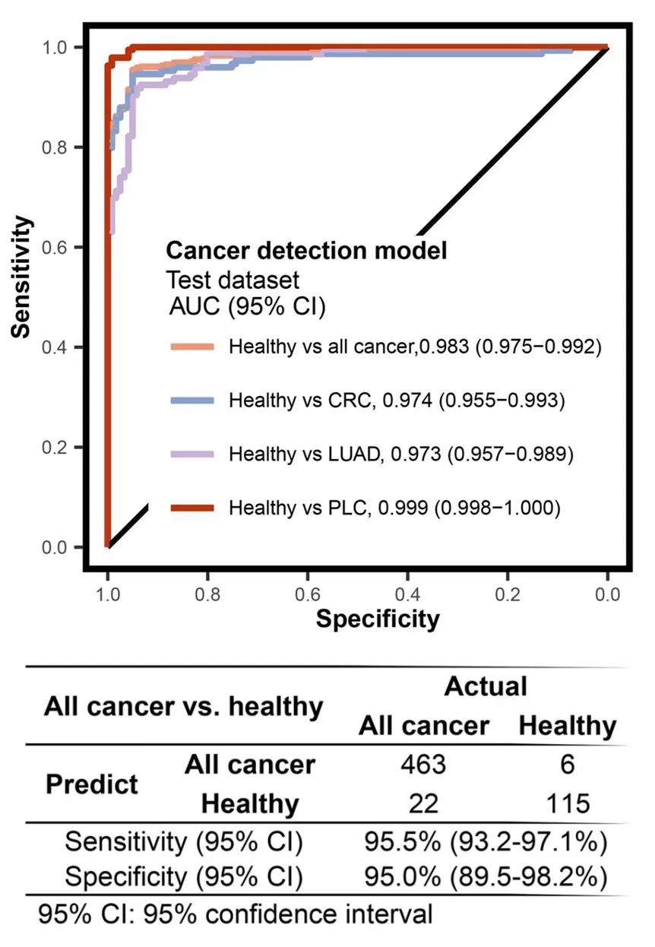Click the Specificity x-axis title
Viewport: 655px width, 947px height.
point(378,619)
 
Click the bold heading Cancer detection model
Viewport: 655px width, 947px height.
point(306,250)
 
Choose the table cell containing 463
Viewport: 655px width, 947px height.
point(423,764)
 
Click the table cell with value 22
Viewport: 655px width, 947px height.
point(423,803)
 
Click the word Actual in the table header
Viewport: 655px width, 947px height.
point(486,686)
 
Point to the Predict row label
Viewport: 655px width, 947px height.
point(92,784)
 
